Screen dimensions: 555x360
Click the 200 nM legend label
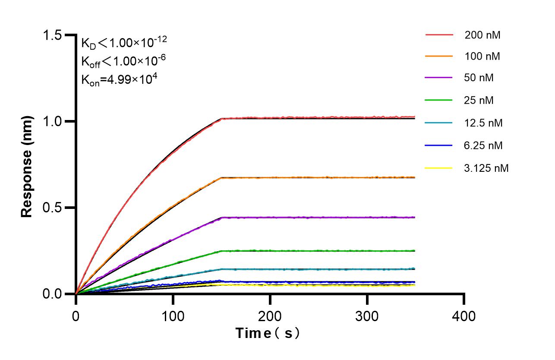click(482, 35)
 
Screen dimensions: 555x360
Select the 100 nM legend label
click(482, 56)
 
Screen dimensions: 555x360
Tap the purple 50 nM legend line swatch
click(439, 78)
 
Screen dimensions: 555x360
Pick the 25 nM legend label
click(479, 101)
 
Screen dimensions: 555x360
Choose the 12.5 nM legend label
click(483, 123)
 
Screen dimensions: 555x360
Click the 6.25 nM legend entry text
click(483, 145)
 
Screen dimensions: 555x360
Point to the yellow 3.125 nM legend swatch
click(439, 168)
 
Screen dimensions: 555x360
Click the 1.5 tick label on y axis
click(53, 35)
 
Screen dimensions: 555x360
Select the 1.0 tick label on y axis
click(53, 121)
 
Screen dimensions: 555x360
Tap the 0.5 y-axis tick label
click(53, 208)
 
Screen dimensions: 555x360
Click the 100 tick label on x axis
click(173, 316)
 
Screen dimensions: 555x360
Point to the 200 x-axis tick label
click(270, 316)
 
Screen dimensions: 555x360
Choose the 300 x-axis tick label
click(367, 316)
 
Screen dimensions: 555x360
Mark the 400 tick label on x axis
click(464, 316)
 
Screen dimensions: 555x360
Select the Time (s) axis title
click(268, 333)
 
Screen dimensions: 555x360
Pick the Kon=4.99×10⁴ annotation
click(116, 79)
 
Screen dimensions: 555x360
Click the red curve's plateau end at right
click(413, 117)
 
